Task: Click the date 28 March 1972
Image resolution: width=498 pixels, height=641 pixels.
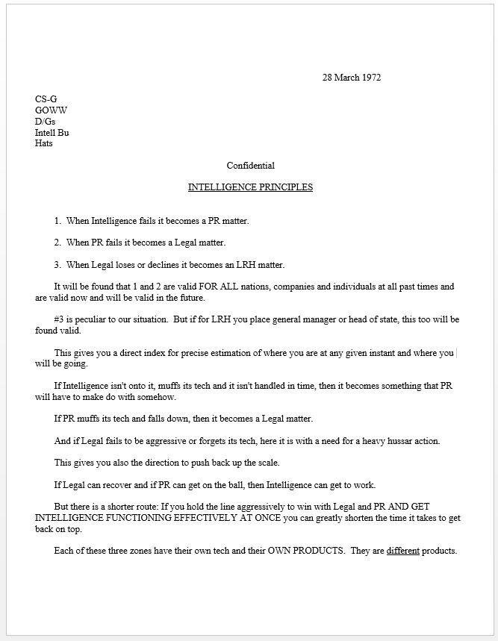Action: pos(352,78)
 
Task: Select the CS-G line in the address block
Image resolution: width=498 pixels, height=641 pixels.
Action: pos(46,99)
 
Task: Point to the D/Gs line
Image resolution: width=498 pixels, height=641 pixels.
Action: pos(45,122)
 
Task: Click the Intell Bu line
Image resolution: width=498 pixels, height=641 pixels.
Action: pos(52,133)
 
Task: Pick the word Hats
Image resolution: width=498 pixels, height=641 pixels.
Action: pos(43,143)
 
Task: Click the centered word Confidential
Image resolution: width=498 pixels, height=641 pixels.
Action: pos(250,166)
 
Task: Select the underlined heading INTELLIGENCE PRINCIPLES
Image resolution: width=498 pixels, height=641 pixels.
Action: pos(250,187)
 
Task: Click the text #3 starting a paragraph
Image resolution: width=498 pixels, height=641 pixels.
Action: pos(61,319)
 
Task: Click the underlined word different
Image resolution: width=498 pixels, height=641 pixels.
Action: pos(403,551)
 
